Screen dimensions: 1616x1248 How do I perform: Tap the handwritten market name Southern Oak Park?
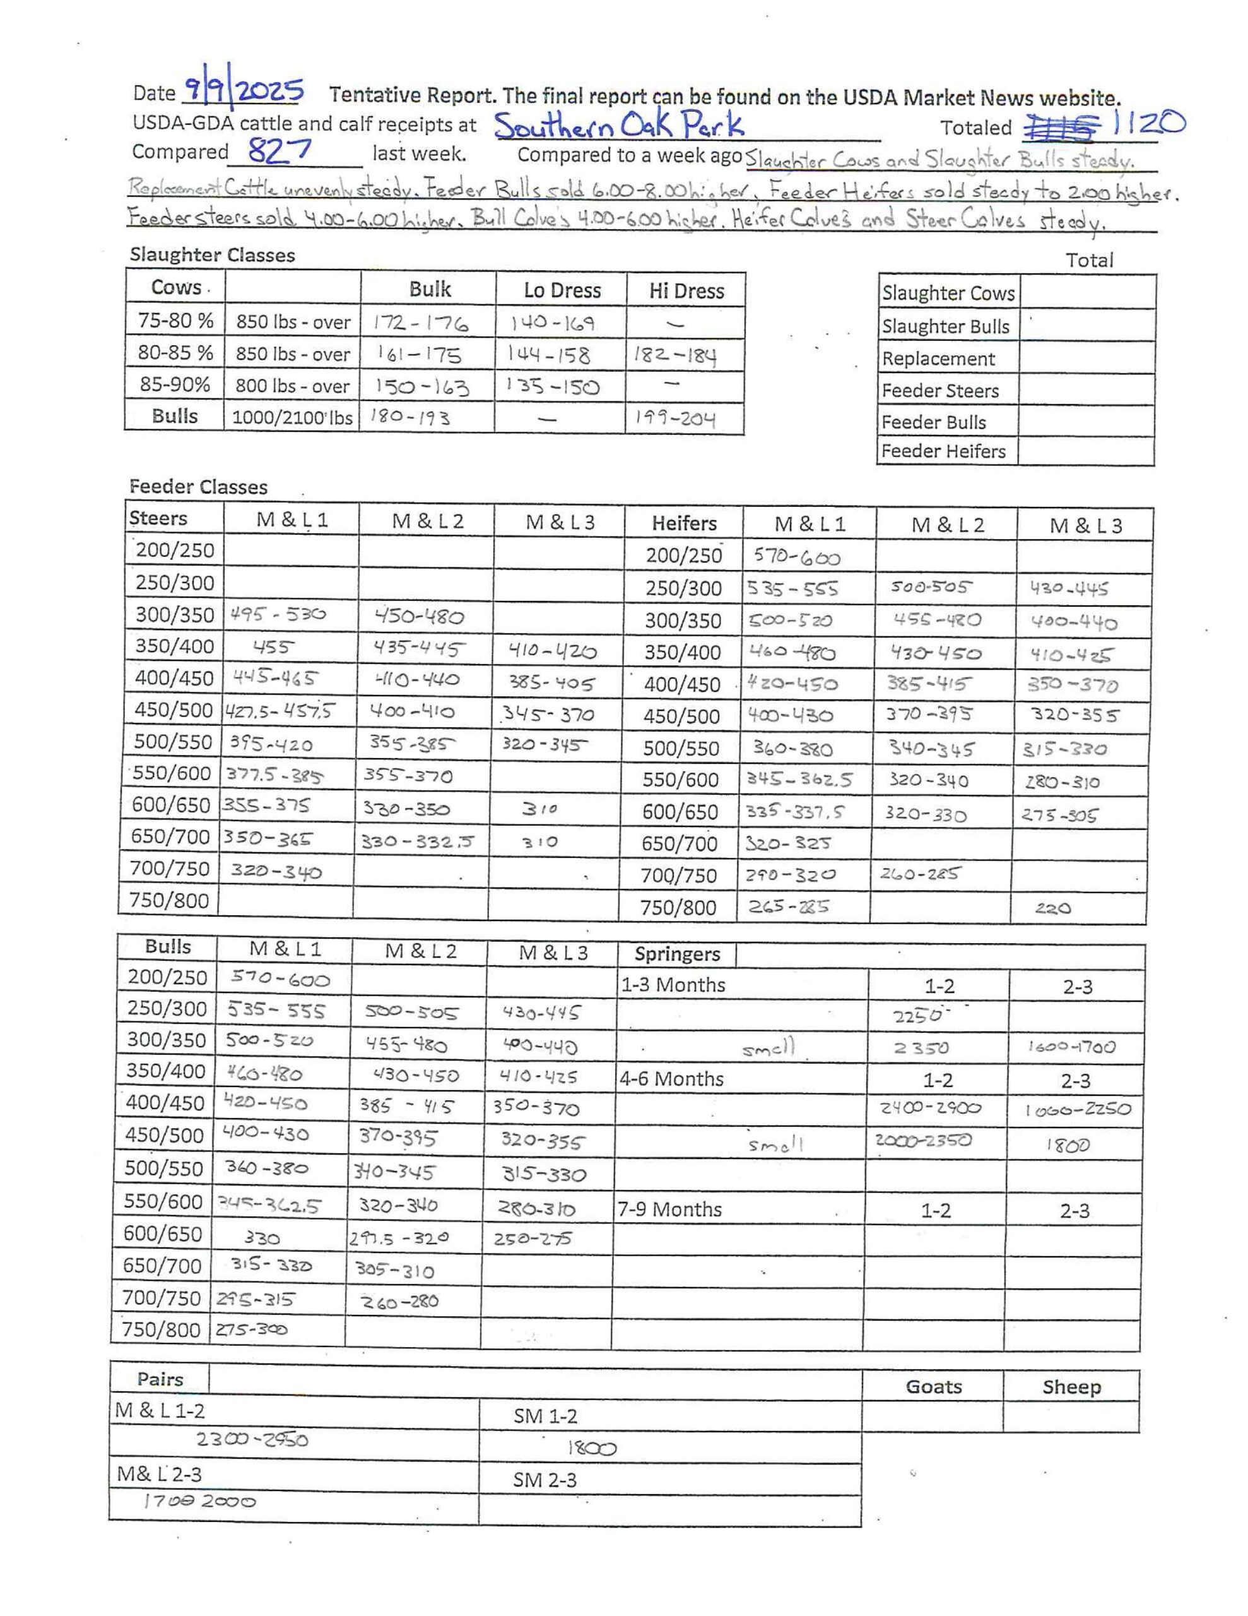(618, 126)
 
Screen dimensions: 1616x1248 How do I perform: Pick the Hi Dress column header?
(686, 291)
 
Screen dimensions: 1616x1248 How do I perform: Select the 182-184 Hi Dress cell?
(674, 357)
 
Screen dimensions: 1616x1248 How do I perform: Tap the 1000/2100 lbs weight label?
(292, 417)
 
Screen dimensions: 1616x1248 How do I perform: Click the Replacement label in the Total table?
(938, 359)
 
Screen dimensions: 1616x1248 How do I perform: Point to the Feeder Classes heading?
(198, 487)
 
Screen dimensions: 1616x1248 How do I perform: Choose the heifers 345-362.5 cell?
(799, 779)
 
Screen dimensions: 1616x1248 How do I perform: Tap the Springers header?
(677, 954)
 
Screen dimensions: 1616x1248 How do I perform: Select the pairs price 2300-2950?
(252, 1440)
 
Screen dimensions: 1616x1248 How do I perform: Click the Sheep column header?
(1071, 1387)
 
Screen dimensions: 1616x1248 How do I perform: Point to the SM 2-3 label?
(545, 1480)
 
